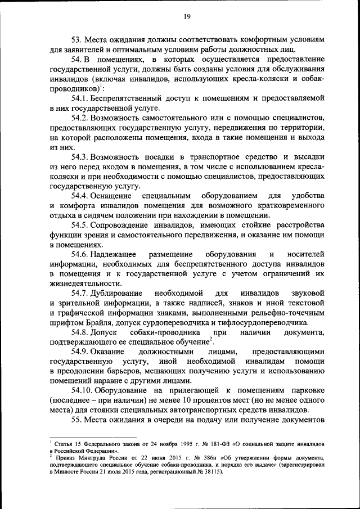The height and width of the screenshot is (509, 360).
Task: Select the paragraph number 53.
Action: coord(77,40)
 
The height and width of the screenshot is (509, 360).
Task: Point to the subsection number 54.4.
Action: coord(80,195)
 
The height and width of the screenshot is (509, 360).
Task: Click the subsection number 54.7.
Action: coord(80,294)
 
